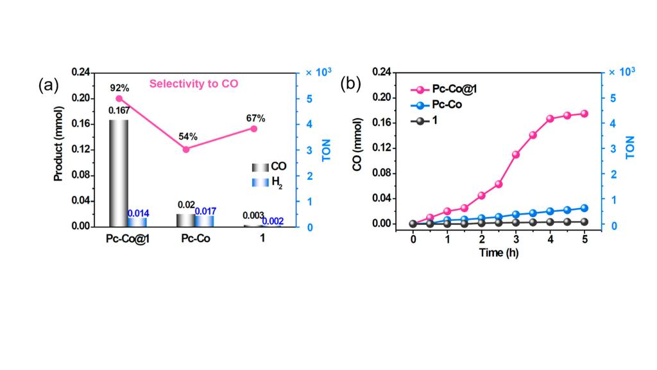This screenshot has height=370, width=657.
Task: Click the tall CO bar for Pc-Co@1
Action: [119, 173]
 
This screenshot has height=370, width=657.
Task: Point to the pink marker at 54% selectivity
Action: [186, 149]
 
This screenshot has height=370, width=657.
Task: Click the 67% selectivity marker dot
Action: [253, 128]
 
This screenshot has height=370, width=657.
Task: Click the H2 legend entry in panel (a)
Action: [268, 182]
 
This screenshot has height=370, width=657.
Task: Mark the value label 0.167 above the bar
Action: [119, 110]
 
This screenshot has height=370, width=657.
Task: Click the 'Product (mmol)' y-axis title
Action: [58, 149]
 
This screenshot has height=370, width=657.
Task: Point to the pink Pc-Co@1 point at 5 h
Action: [584, 114]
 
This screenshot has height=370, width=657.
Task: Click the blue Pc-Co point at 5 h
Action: [584, 207]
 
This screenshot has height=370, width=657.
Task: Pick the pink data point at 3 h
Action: [516, 155]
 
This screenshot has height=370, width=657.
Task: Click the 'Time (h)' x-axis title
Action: [499, 252]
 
